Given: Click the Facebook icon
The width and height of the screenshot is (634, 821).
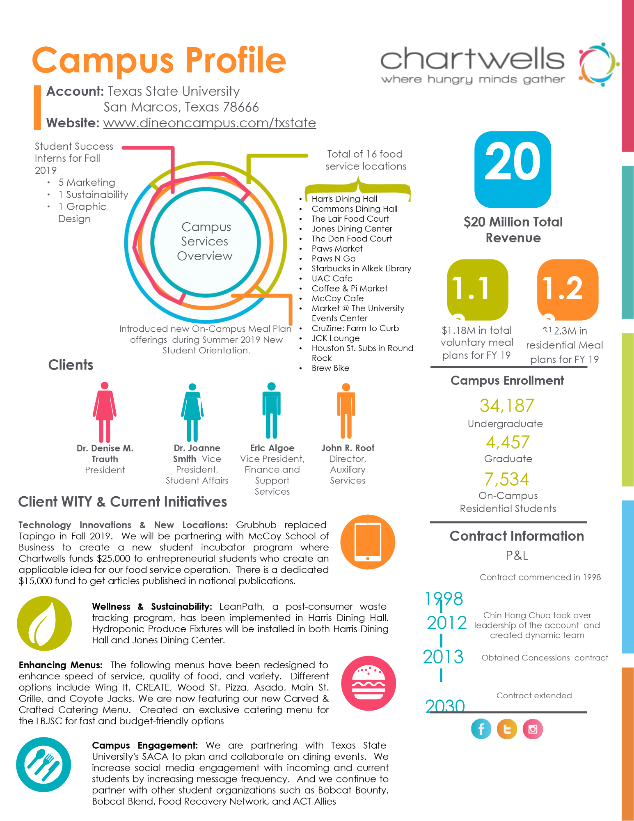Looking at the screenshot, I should coord(481,729).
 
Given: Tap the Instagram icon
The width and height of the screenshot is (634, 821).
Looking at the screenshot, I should coord(533,729).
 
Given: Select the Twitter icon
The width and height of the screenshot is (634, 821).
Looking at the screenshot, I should coord(507,729).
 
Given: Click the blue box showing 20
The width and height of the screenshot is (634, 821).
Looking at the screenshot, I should coord(513,169).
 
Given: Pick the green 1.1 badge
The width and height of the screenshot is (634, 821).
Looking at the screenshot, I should coord(477,289).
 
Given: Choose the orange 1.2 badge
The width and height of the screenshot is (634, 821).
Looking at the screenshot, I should coord(568,289).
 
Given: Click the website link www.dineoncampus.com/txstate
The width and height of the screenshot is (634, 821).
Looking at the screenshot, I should coord(209,123).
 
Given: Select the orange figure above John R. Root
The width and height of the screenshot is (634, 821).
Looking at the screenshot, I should coord(346,411).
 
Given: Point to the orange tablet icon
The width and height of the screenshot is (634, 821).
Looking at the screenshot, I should coord(368,542).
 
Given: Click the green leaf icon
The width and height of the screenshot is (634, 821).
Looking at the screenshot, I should coord(44,623).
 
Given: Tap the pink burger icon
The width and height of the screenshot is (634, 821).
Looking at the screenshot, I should coord(368,683).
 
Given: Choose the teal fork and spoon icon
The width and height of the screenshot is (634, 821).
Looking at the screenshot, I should coord(43,764).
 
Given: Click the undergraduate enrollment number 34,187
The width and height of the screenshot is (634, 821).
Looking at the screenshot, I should coord(507,406).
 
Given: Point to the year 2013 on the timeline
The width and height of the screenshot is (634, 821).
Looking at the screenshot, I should coord(443,657).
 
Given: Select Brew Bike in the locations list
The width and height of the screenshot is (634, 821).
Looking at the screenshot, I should coord(330,368).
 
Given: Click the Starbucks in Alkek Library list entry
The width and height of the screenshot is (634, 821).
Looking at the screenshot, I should coord(361,268).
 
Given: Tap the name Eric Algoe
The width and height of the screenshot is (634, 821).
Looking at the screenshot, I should coord(272,448).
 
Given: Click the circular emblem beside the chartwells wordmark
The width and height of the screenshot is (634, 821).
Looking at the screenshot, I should coord(598,64).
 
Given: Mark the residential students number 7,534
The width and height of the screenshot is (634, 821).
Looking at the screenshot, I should coord(507,479).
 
